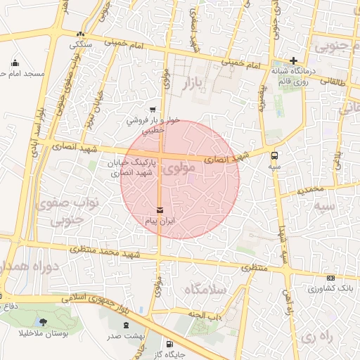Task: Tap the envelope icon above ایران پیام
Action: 160,210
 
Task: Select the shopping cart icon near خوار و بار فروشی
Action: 153,109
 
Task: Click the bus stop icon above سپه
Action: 274,156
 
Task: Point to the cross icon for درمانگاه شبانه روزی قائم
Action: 293,60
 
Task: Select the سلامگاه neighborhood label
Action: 204,289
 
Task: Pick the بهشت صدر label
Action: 126,336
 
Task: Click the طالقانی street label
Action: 333,82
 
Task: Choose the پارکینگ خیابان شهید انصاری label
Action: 129,167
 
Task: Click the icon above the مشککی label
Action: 80,34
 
